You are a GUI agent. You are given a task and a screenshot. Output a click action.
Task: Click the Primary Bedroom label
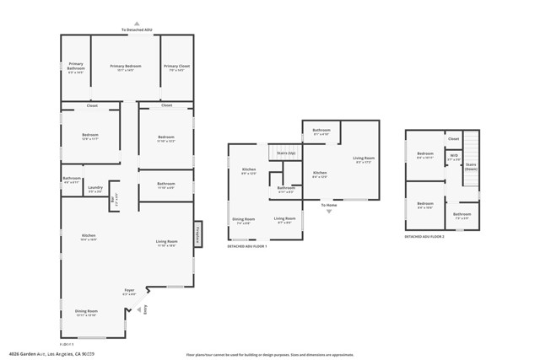pyautogui.click(x=127, y=66)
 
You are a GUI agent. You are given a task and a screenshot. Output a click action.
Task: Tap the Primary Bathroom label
pyautogui.click(x=76, y=66)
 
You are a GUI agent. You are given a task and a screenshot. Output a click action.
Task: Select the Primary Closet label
pyautogui.click(x=177, y=66)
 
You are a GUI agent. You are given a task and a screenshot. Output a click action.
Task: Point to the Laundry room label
pyautogui.click(x=95, y=188)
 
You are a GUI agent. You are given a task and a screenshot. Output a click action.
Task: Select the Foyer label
pyautogui.click(x=130, y=290)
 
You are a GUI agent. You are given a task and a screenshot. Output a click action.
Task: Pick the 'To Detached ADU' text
pyautogui.click(x=137, y=30)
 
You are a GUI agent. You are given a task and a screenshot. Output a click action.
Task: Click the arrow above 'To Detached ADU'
pyautogui.click(x=137, y=24)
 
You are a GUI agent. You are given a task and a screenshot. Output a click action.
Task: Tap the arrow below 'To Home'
pyautogui.click(x=328, y=212)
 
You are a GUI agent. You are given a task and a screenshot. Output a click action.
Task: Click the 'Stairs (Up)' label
pyautogui.click(x=286, y=153)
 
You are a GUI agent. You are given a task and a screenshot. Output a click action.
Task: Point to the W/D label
pyautogui.click(x=454, y=155)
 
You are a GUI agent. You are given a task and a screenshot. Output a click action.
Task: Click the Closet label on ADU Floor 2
pyautogui.click(x=453, y=138)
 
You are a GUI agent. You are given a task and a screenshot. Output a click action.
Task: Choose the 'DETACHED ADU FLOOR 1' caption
pyautogui.click(x=247, y=245)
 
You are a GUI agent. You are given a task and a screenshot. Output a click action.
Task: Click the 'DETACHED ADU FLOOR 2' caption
pyautogui.click(x=424, y=237)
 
